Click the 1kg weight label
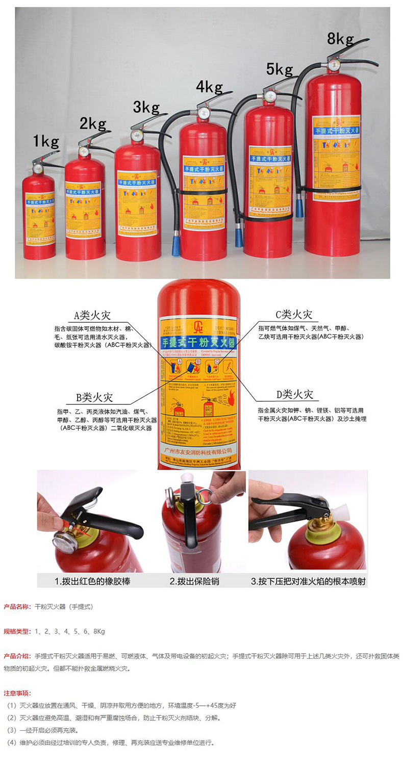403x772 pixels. coord(46,141)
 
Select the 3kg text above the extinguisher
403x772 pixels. coord(146,107)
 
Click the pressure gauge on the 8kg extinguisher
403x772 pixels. coord(334,65)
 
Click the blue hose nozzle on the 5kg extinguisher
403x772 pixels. coord(239,237)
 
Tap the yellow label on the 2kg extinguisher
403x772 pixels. coord(83,210)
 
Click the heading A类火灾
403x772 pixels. coord(92,314)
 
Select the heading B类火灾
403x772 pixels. coord(95,396)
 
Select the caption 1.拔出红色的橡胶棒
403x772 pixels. coord(92,581)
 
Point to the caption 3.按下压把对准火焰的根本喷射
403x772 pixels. coord(308,581)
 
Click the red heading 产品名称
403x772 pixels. coord(17,607)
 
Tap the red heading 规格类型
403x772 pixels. coord(17,631)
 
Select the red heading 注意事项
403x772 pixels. coord(17,693)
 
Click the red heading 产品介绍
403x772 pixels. coord(17,656)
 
